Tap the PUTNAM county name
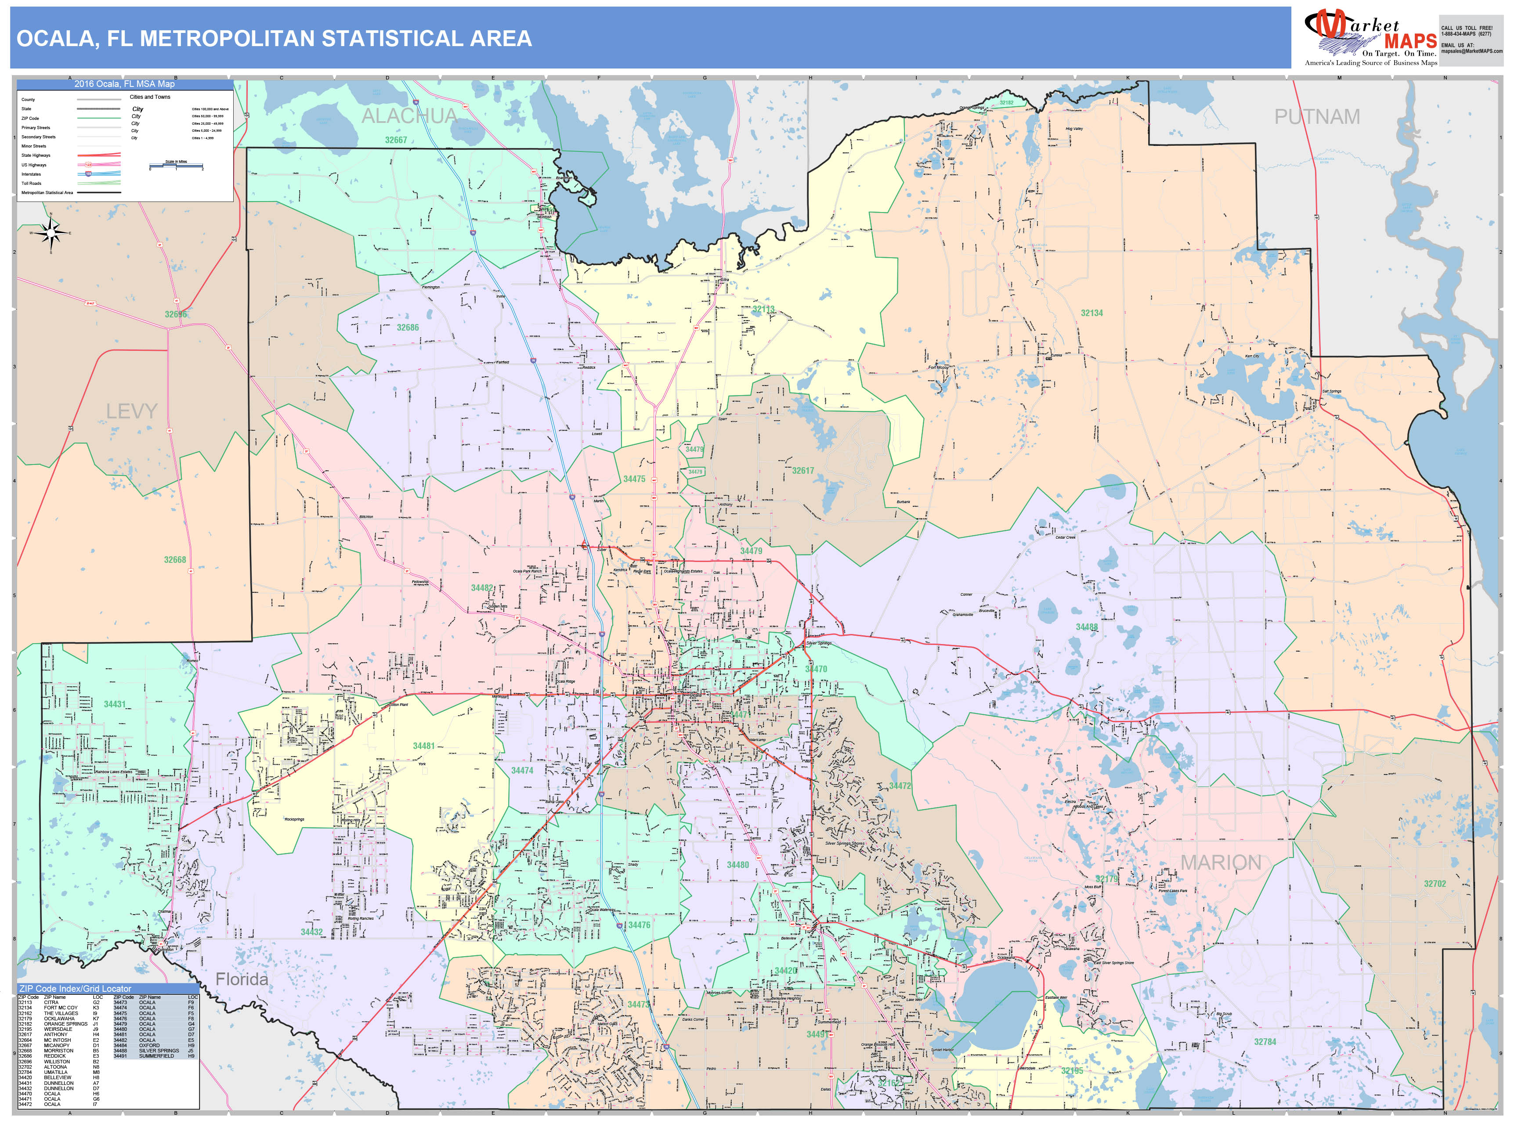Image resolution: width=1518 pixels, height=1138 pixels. pos(1317,117)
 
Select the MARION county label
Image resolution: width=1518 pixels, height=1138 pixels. pos(1221,863)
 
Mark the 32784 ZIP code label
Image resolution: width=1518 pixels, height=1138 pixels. pos(1265,1042)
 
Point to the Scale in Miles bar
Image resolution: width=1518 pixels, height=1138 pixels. pos(176,166)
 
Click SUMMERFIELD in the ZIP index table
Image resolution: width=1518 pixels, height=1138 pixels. pos(156,1056)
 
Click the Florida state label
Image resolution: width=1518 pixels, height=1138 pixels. pos(242,980)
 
